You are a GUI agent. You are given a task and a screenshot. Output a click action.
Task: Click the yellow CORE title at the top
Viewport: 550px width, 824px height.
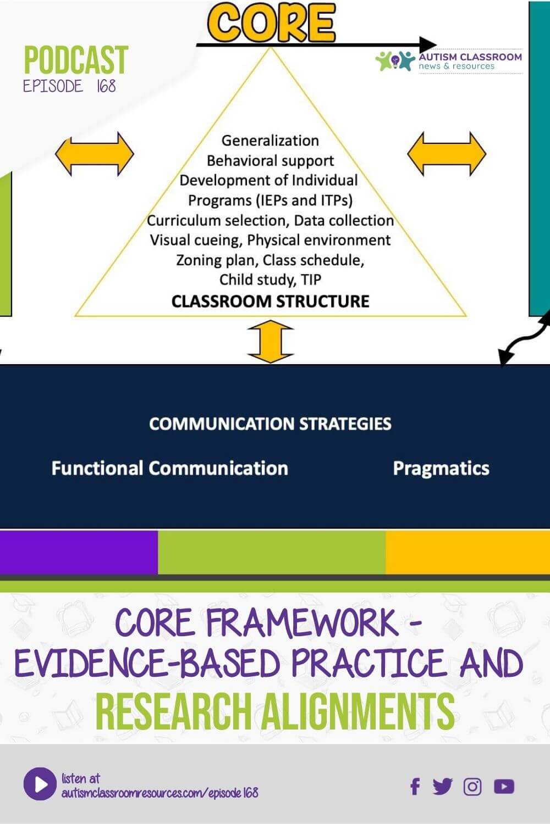271,23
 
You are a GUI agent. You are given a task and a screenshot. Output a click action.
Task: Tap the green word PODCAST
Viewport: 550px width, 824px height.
76,60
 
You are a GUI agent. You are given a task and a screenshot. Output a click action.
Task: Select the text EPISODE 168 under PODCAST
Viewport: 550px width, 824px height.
69,86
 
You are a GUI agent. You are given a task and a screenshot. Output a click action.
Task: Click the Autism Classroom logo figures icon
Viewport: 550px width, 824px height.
394,61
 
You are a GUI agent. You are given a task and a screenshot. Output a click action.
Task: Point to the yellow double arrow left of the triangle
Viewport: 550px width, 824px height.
95,154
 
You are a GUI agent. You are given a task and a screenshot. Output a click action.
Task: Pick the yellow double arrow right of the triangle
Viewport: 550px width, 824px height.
447,154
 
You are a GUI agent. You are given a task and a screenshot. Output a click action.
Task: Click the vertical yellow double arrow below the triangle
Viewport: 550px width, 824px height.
271,342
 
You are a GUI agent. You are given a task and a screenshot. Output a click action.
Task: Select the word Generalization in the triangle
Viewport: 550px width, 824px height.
270,141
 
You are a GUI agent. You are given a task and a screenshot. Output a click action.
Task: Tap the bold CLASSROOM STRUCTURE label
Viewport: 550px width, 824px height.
270,302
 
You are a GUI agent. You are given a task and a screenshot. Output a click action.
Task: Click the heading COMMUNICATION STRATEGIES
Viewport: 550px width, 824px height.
270,424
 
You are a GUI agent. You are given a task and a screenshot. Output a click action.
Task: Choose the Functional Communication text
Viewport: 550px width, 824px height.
169,468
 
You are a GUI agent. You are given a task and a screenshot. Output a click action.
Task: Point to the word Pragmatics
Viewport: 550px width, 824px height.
441,468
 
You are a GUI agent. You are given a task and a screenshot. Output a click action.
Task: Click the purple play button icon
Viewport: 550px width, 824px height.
40,784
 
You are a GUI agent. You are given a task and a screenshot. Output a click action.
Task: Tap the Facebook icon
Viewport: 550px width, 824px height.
415,787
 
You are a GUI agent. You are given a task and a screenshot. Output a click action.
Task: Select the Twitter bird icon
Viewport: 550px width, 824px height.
442,787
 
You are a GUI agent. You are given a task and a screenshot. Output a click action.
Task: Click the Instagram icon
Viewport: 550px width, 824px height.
472,787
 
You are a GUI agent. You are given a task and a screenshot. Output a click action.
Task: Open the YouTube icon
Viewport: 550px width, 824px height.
504,787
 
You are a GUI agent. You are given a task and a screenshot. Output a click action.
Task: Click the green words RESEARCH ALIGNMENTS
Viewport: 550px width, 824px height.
275,711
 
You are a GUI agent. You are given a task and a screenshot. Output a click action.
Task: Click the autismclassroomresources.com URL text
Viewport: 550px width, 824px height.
159,793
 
